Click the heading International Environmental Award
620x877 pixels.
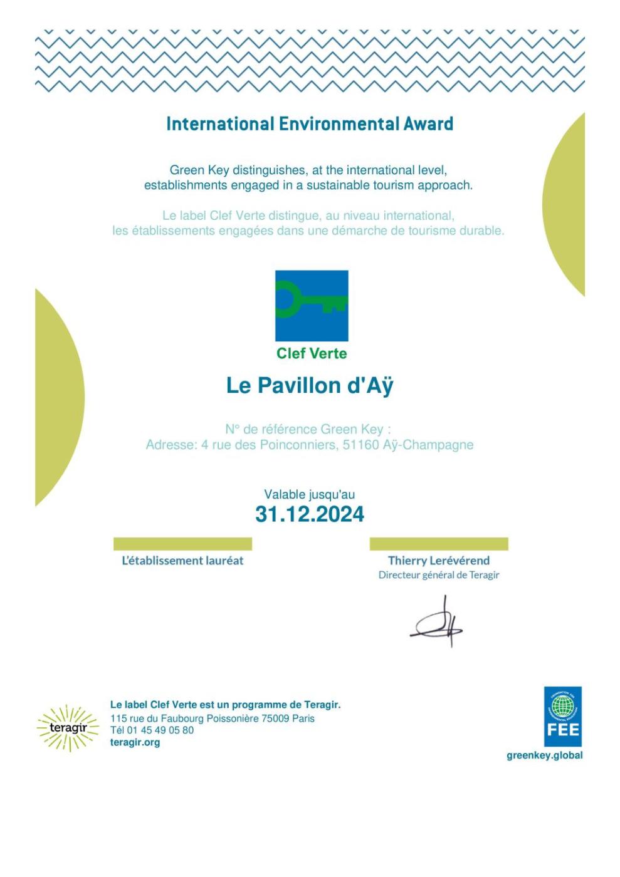click(310, 124)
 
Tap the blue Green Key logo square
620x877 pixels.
click(312, 306)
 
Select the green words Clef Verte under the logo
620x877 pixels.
click(312, 354)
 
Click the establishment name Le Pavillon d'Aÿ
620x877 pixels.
click(310, 386)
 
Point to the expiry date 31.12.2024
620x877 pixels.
click(310, 514)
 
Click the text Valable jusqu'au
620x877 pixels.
click(310, 494)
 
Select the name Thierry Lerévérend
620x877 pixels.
click(439, 561)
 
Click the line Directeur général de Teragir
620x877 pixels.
click(439, 575)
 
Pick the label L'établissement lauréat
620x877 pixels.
click(182, 561)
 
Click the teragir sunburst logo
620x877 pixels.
click(68, 728)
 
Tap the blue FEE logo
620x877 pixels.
click(562, 716)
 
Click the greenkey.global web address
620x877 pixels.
click(545, 755)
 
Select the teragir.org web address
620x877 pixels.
click(135, 742)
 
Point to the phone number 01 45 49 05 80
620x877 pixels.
click(160, 730)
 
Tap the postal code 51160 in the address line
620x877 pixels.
click(361, 445)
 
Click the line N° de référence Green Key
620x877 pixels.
click(308, 429)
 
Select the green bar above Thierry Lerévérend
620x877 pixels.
click(439, 544)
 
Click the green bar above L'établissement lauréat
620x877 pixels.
click(182, 544)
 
